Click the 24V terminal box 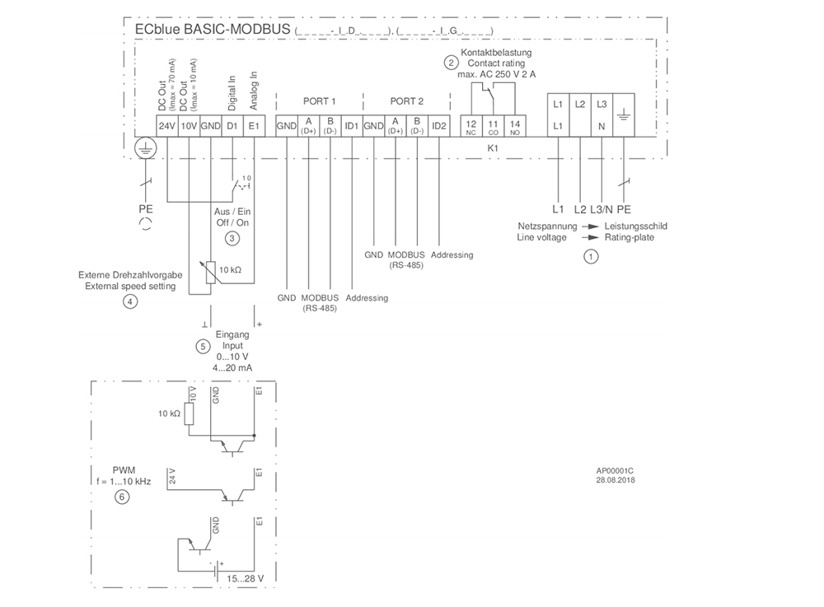coord(166,126)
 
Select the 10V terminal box coord(188,126)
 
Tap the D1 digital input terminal coord(232,126)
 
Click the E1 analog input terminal coord(254,126)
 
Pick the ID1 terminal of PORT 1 coord(351,126)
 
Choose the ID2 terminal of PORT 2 coord(438,126)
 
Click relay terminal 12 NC coord(471,126)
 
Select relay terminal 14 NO coord(515,126)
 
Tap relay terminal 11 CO coord(493,126)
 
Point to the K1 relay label coord(493,147)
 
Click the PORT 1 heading coord(320,101)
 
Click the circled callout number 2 coord(451,63)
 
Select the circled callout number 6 coord(122,497)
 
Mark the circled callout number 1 coord(589,256)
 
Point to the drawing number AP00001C coord(616,471)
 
